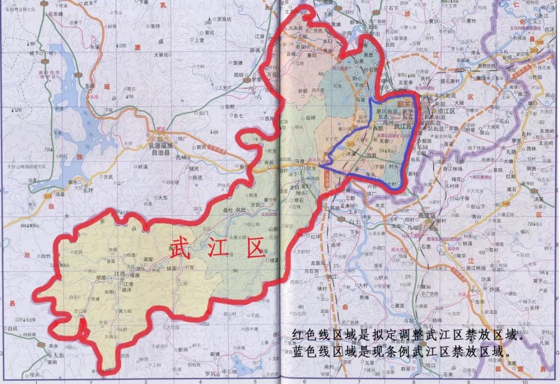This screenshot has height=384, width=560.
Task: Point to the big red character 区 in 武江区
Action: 255,249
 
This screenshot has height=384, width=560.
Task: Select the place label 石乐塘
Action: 55,15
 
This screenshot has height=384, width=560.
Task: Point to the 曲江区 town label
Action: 424,215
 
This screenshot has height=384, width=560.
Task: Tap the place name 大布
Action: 59,354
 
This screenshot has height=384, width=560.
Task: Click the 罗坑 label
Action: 209,373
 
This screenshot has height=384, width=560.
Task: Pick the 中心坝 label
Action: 229,372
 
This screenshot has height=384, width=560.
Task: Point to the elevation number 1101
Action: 122,46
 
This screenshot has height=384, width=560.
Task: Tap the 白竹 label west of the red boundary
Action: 46,256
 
